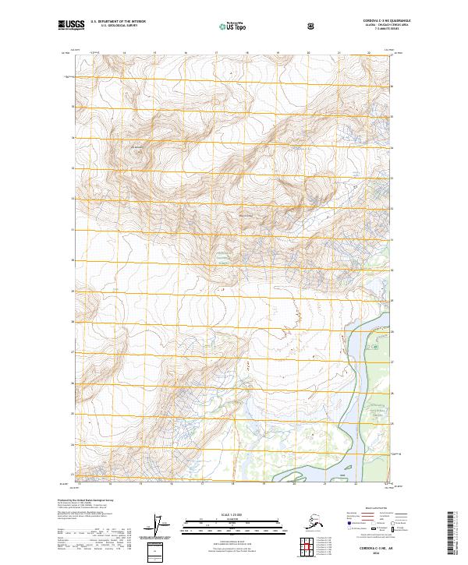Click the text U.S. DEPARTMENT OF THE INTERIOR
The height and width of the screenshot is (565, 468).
[117, 22]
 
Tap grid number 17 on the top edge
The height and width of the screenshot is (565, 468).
[216, 53]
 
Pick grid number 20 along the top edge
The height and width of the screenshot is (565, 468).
[308, 53]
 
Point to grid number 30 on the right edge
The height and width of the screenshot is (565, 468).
[392, 270]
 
